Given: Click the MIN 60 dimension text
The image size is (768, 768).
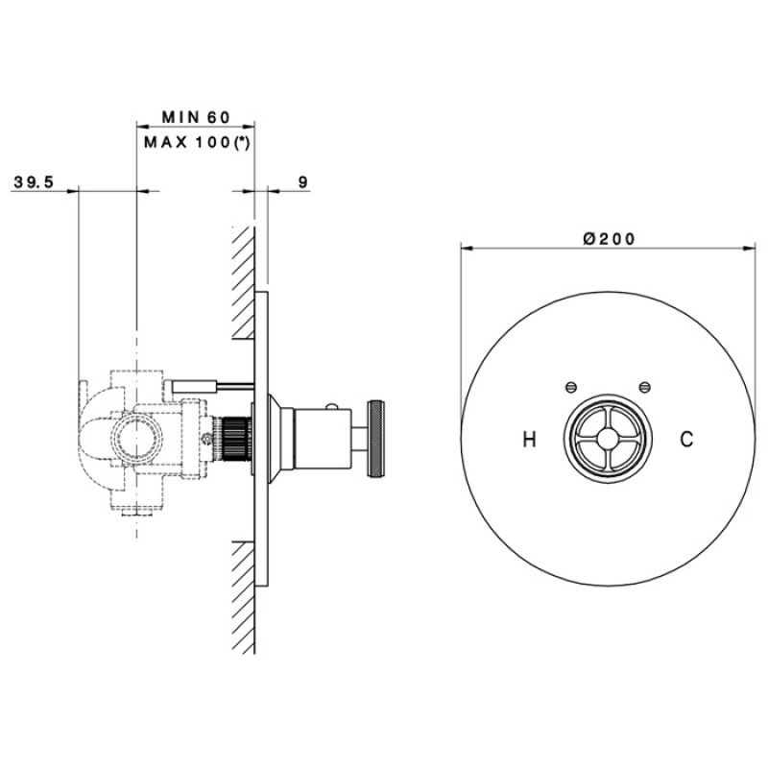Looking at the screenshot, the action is pos(196,117).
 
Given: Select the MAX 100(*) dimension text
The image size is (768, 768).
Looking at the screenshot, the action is pos(197,142).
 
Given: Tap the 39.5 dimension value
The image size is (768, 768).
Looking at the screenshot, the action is pos(34,182).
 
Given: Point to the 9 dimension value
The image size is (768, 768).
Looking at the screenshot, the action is pos(303,182).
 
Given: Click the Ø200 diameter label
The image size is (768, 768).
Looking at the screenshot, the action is pos(610,238).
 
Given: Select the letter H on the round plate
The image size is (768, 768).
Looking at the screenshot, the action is pos(530,439).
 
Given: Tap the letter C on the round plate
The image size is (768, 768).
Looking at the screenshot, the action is pos(686,439).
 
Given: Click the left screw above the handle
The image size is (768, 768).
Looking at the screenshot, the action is pos(570,388).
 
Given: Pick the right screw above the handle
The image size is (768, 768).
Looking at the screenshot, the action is pos(645,388).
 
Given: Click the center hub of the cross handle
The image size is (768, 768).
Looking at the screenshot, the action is pos(608,439).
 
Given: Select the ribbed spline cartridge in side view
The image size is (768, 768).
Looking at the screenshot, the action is pos(234,439).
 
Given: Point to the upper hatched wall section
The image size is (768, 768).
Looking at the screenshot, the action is pos(244,282).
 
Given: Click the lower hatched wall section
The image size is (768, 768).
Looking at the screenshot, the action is pos(244,597).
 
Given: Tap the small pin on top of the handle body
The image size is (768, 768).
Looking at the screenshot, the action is pos(331,405).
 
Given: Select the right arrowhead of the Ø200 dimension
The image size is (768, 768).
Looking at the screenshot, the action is pos(749,249).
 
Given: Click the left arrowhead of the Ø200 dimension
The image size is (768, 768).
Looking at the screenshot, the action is pos(468,249).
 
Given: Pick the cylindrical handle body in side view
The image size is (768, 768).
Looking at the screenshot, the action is pos(323,439).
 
